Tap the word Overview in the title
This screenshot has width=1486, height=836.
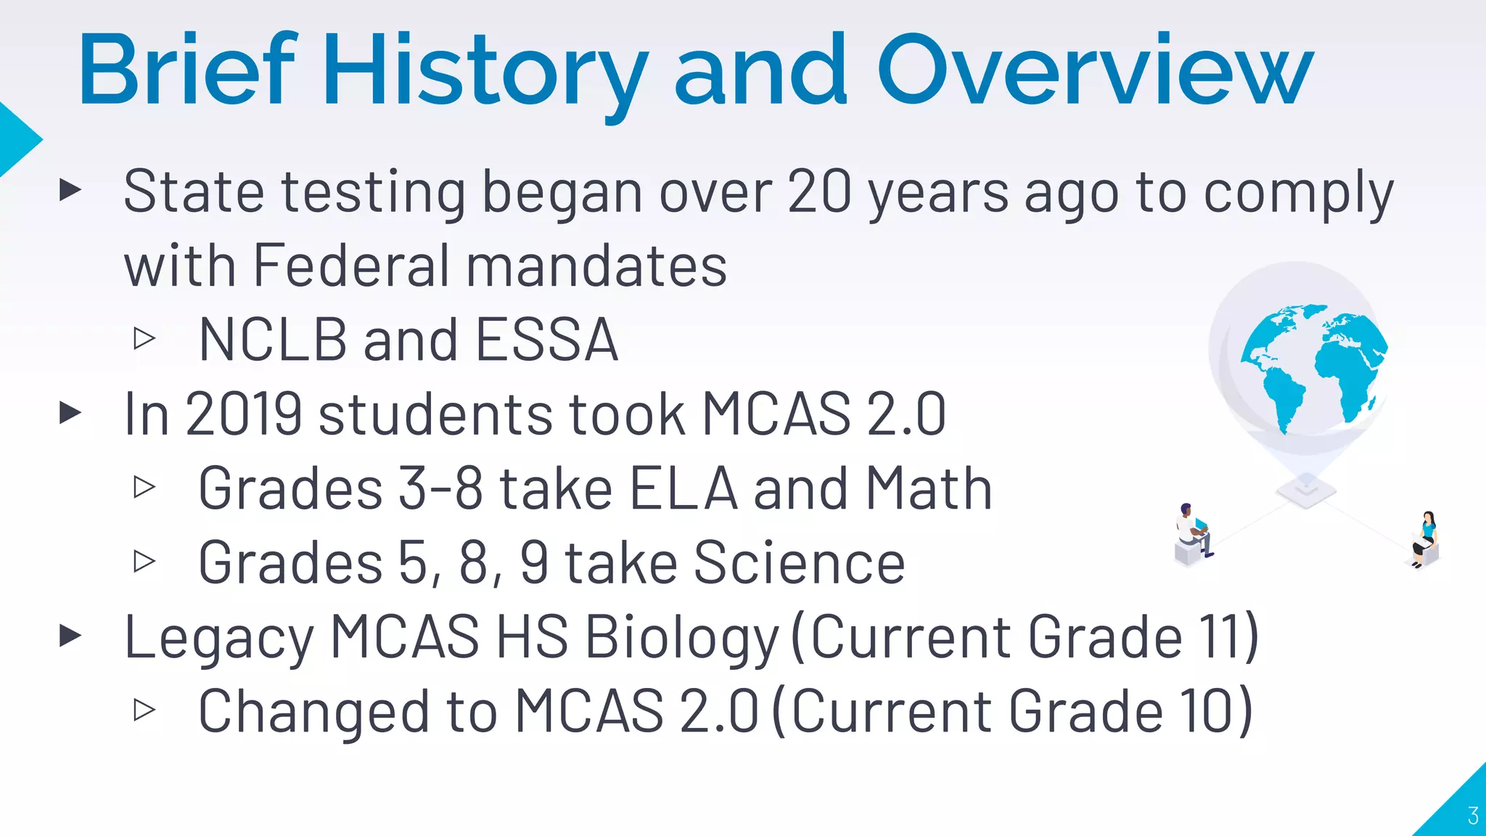tap(1095, 71)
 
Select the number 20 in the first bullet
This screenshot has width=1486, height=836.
tap(819, 192)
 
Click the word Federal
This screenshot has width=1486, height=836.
tap(351, 266)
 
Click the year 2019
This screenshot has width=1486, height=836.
tap(243, 414)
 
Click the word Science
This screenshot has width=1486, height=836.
tap(799, 562)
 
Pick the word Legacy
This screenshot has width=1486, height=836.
tap(219, 637)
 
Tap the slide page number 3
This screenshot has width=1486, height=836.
tap(1472, 816)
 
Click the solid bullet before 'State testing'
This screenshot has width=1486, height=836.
tap(70, 191)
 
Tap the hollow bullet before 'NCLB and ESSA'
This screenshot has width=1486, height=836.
tap(144, 338)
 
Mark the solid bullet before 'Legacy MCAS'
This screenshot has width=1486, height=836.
tap(70, 636)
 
